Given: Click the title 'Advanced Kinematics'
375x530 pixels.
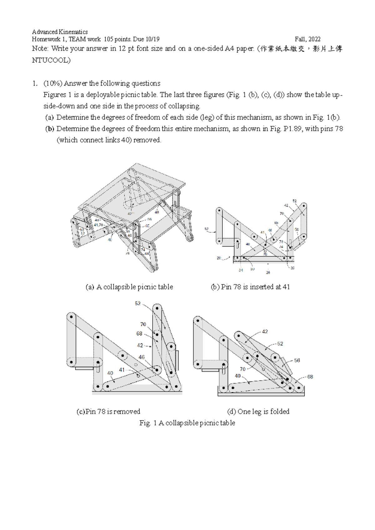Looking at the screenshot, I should [x=60, y=32].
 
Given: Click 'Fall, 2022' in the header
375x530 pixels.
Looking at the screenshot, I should [x=307, y=39].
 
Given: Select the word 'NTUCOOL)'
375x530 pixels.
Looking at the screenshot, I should [x=51, y=60].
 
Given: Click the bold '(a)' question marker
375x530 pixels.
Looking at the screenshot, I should [x=49, y=117].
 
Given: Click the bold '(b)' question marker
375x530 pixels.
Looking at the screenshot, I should [x=49, y=129].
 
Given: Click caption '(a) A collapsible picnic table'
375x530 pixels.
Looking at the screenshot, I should [x=129, y=287].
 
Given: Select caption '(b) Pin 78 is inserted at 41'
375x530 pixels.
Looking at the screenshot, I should [x=250, y=287].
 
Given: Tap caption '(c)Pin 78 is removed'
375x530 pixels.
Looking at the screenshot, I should [x=108, y=412].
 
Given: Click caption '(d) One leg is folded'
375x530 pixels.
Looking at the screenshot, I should [x=258, y=412].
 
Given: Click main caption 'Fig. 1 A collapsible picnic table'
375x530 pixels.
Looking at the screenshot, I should [x=187, y=423].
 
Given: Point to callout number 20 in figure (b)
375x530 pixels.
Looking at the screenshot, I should [x=219, y=258].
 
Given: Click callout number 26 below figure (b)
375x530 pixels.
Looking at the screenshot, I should [x=268, y=272].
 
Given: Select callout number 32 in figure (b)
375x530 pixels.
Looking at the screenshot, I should [x=292, y=268].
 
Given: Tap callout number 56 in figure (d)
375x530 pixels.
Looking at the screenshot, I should [x=297, y=360].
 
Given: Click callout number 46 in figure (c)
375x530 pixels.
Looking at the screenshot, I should [x=142, y=357].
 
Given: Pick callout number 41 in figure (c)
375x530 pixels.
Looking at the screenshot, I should [x=122, y=370].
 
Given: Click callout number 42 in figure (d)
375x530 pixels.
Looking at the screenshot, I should [x=265, y=332].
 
